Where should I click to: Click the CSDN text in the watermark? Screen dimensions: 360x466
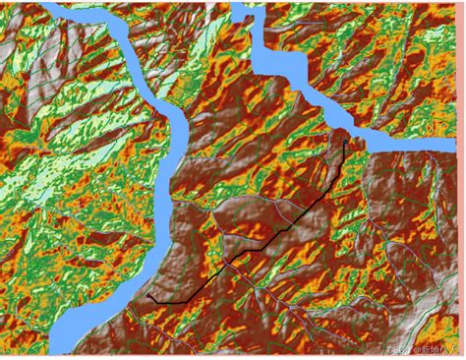pos(398,349)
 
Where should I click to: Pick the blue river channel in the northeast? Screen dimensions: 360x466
pos(295,79)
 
